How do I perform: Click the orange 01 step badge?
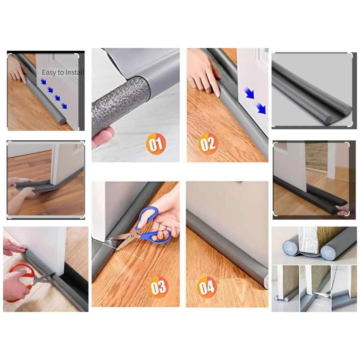[x=156, y=144]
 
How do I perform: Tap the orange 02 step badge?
[x=208, y=144]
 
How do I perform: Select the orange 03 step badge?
[x=158, y=287]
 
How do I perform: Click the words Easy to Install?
[x=63, y=72]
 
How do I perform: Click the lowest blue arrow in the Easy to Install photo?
[x=64, y=106]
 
